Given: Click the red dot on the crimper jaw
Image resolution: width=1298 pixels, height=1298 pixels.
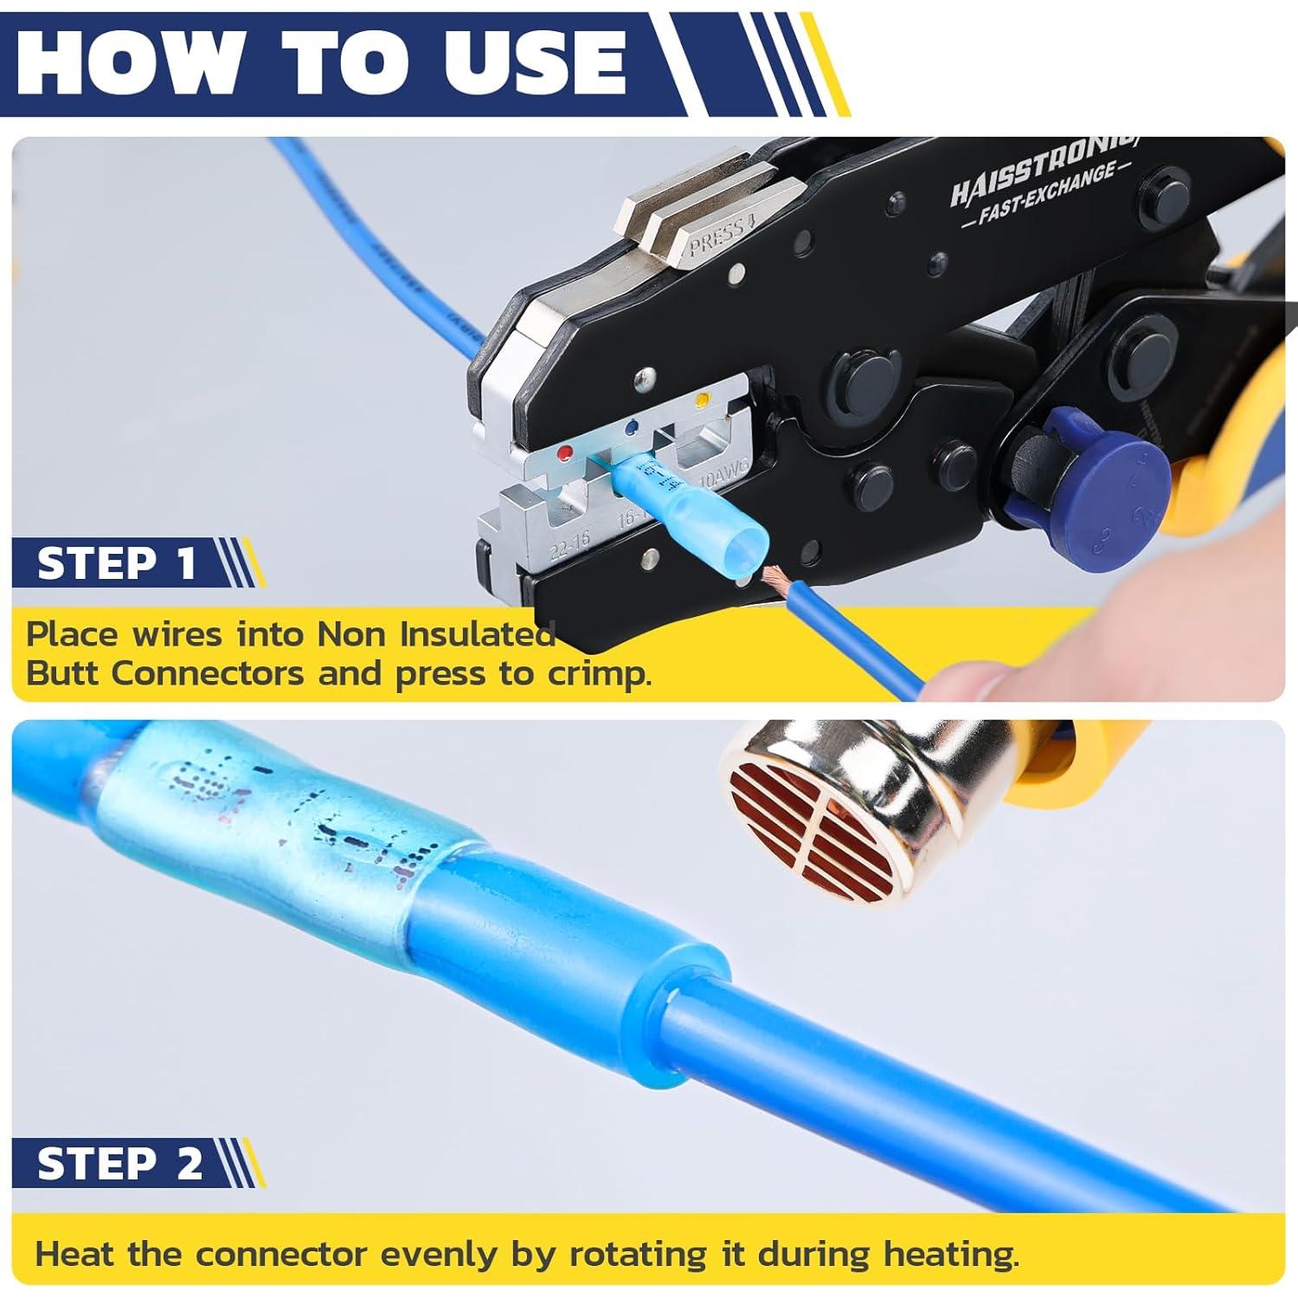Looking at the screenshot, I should pos(566,453).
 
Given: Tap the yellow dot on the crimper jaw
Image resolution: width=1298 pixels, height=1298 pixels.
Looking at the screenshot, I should pos(702,401).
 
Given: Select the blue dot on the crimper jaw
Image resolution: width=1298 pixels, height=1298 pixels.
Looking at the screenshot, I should pos(633,426).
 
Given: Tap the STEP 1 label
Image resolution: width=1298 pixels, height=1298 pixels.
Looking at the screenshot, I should pos(117,563).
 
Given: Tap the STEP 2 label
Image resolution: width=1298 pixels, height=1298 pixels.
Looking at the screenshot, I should pos(119,1165).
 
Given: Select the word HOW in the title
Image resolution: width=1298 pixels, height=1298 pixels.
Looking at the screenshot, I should pos(130,62).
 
